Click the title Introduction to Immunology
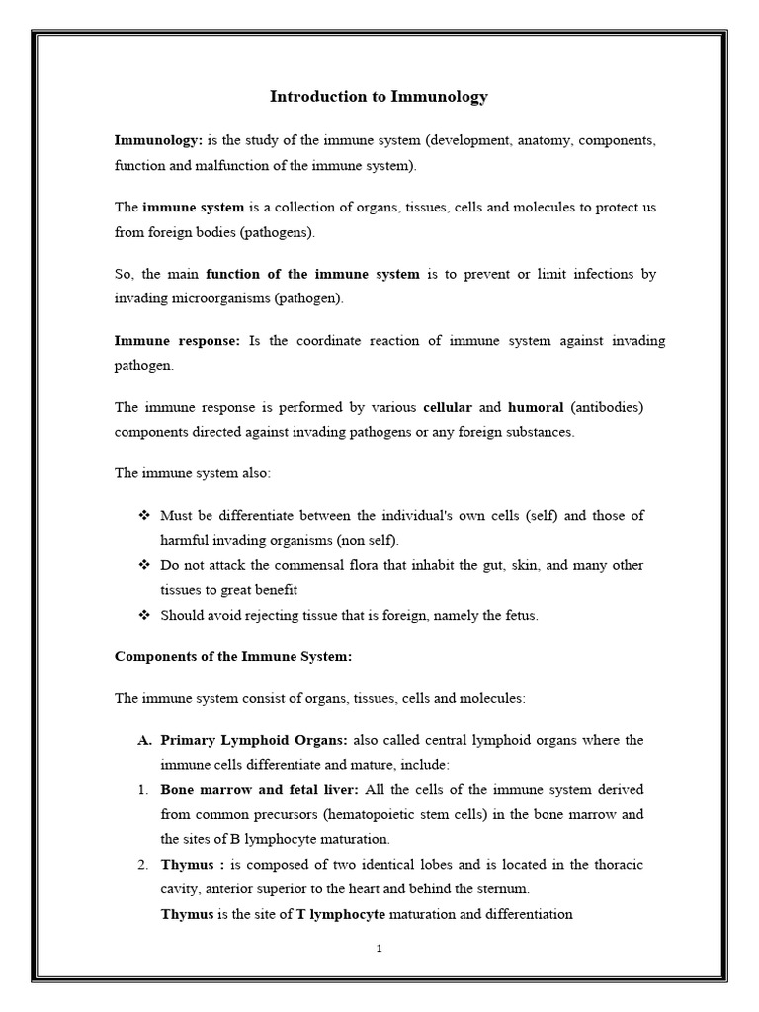[x=379, y=97]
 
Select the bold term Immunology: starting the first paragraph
[x=158, y=140]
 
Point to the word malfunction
[x=220, y=165]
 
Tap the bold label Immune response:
[x=178, y=340]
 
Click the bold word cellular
[x=448, y=406]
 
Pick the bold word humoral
[x=536, y=406]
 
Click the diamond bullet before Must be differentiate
[x=143, y=516]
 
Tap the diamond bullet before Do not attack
[x=143, y=565]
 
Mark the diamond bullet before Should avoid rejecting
[x=143, y=615]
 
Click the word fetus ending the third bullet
[x=521, y=615]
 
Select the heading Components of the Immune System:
[x=233, y=656]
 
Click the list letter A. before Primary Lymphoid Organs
[x=143, y=740]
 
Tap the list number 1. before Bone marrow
[x=142, y=790]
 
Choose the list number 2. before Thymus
[x=142, y=865]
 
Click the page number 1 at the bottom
[x=379, y=949]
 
